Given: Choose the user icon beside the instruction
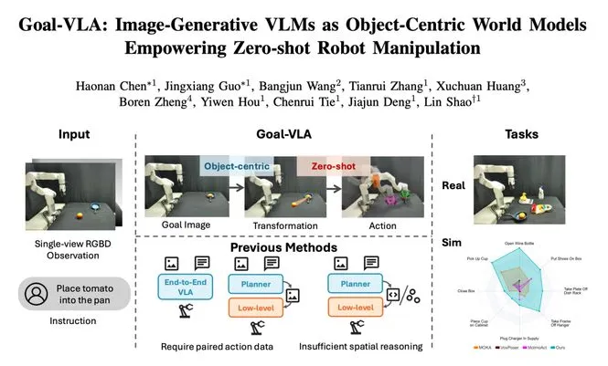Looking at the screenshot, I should (37, 295).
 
